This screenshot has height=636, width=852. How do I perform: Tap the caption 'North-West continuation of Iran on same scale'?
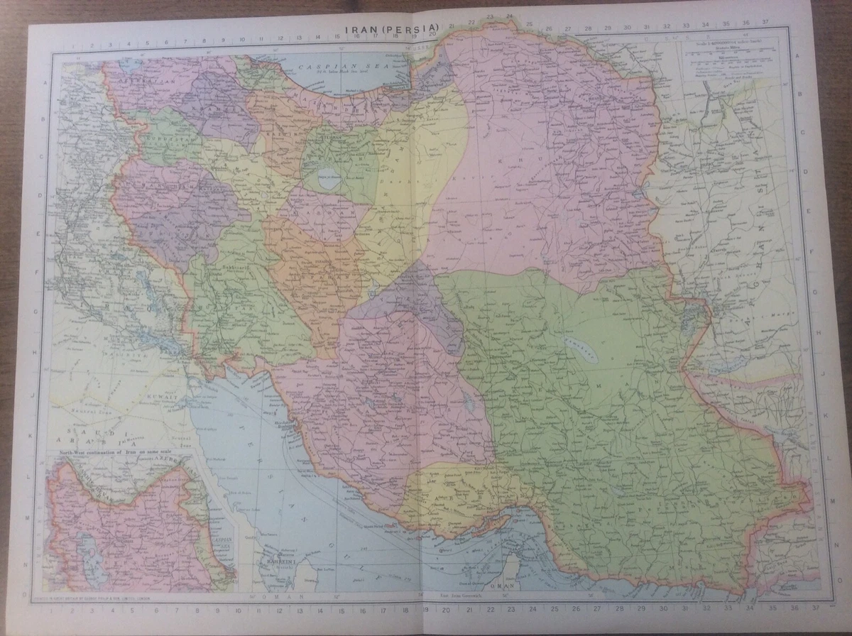point(123,453)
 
